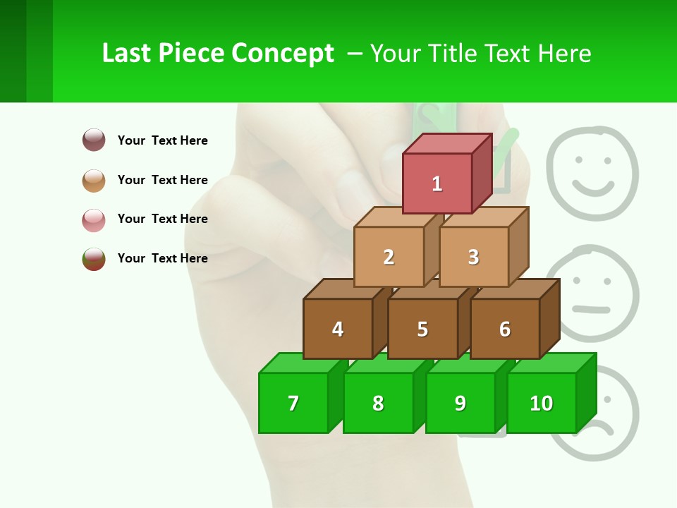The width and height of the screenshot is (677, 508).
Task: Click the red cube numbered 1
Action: pyautogui.click(x=437, y=183)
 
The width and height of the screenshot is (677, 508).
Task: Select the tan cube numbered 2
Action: pyautogui.click(x=389, y=257)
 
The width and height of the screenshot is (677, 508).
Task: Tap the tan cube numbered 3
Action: pyautogui.click(x=473, y=257)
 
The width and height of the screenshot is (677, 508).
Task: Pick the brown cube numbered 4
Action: pyautogui.click(x=338, y=329)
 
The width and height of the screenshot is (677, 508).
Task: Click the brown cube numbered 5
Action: pyautogui.click(x=422, y=329)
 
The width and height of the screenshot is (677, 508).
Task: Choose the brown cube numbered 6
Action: pyautogui.click(x=505, y=329)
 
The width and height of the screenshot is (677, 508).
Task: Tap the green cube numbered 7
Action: pyautogui.click(x=293, y=403)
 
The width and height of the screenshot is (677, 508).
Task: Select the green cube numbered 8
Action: pyautogui.click(x=378, y=403)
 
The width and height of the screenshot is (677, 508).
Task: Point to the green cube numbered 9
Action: pyautogui.click(x=461, y=403)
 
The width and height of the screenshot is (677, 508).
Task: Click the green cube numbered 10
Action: pyautogui.click(x=542, y=403)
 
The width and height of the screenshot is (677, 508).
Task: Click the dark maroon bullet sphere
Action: pyautogui.click(x=94, y=140)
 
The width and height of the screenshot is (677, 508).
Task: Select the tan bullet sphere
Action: pyautogui.click(x=94, y=180)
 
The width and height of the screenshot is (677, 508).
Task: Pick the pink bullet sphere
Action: pyautogui.click(x=94, y=219)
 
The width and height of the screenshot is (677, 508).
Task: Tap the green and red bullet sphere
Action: pyautogui.click(x=94, y=259)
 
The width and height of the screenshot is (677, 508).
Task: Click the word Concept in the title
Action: pyautogui.click(x=283, y=54)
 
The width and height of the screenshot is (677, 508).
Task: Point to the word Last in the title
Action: pyautogui.click(x=126, y=54)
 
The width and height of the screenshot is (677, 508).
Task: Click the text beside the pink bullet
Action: pyautogui.click(x=162, y=219)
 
